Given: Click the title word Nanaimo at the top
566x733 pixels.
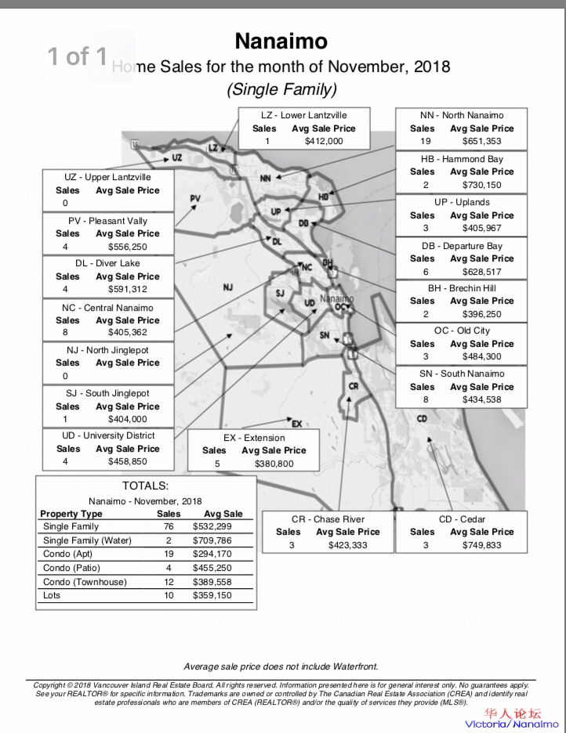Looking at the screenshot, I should click(281, 41).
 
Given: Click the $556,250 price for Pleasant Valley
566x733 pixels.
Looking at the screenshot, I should click(128, 247).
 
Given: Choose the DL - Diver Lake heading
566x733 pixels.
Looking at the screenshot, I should click(107, 263).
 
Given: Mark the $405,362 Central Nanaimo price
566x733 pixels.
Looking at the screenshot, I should click(128, 333).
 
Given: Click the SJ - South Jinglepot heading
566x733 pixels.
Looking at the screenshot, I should click(107, 393).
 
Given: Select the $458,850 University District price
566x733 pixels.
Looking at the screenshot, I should click(128, 462).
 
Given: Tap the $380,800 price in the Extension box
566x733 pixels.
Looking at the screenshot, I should click(274, 464).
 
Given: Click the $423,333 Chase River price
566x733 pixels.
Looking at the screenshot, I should click(348, 545).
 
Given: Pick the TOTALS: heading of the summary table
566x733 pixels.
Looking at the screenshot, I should click(146, 486).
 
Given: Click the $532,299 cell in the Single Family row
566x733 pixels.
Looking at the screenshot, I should click(212, 527).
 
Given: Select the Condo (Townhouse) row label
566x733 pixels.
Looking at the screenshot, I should click(82, 582).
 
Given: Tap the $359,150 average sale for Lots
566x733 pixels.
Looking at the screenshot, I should click(212, 596).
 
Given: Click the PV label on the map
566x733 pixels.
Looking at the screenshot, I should click(196, 198).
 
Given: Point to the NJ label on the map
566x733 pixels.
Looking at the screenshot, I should click(227, 287).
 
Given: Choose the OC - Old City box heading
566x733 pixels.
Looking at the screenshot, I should click(462, 330).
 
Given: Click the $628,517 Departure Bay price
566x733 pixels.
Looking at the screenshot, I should click(483, 272).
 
